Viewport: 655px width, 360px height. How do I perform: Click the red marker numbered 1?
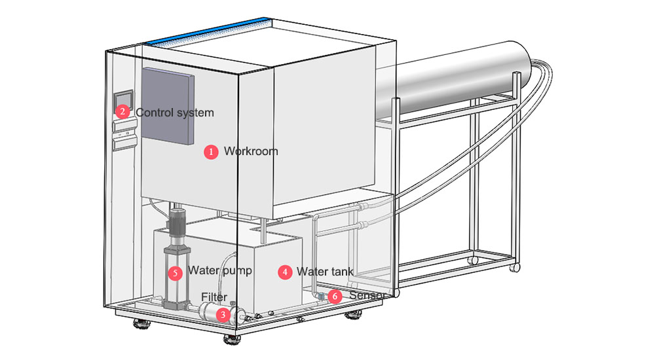[211, 152]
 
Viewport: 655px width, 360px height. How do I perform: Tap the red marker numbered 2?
[122, 112]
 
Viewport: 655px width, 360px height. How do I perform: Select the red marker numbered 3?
[224, 315]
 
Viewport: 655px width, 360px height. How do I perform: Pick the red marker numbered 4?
[284, 272]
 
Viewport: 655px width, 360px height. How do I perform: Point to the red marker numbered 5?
[175, 271]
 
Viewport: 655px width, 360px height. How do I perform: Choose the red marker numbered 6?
[335, 297]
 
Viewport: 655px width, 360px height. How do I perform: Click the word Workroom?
[251, 151]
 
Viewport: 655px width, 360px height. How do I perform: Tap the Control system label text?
[175, 113]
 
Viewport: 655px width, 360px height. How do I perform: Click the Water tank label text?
[325, 272]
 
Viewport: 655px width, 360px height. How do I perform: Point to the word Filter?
[214, 297]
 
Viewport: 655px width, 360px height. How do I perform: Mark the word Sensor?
[365, 296]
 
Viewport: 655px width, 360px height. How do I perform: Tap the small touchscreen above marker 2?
[124, 98]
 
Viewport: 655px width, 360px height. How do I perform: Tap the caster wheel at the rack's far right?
[515, 267]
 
